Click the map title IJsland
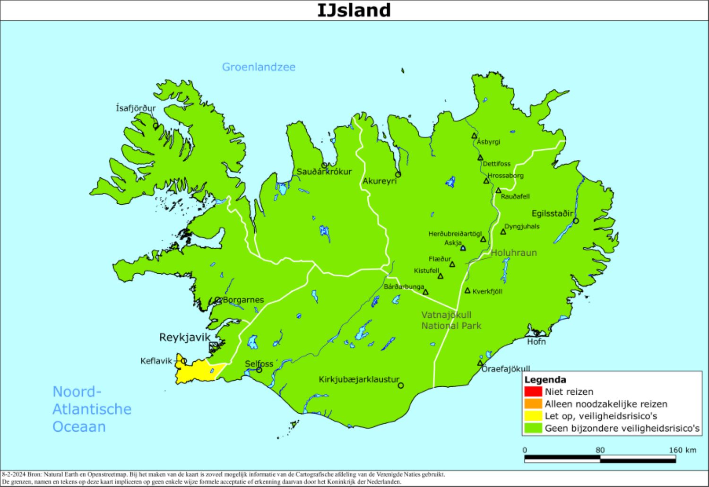[354, 10]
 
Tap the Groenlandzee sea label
[259, 67]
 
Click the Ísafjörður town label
[136, 108]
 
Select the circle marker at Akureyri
[398, 174]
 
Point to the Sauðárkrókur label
[324, 172]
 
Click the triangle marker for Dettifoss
[480, 158]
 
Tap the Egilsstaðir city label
[552, 213]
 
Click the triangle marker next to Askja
[463, 248]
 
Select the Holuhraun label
[514, 253]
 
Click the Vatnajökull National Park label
[451, 320]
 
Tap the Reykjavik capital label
[184, 337]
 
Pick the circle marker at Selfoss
[259, 370]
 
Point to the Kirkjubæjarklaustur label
[359, 379]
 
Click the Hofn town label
[536, 341]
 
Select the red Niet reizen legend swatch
[533, 391]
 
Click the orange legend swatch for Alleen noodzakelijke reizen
[533, 404]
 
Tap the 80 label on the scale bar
[600, 450]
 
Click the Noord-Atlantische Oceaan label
[92, 409]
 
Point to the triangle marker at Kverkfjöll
[467, 291]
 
